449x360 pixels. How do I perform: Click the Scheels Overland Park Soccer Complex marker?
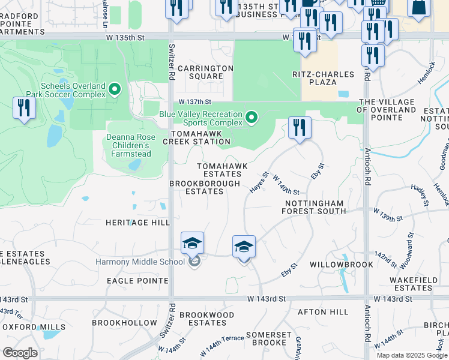[x=115, y=91]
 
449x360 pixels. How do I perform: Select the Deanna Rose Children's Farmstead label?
[x=131, y=145]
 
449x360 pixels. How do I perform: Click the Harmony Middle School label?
[x=140, y=262]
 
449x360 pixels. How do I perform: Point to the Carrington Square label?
[x=205, y=72]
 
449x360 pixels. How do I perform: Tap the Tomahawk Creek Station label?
[x=201, y=137]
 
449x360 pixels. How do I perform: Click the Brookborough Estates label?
[x=205, y=187]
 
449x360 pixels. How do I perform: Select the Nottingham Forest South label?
[x=315, y=207]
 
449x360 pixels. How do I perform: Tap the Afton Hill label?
[x=323, y=312]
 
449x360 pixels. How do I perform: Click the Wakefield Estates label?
[x=411, y=284]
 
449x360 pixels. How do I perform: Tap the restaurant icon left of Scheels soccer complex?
[x=24, y=108]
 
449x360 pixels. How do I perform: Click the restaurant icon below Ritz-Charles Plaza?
[x=300, y=127]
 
